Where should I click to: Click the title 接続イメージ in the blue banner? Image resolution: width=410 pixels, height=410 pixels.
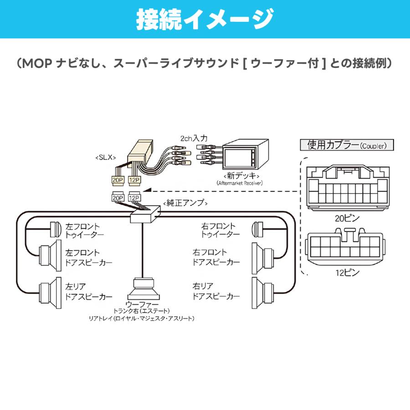tap(205, 20)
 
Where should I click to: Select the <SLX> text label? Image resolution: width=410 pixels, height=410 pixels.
tap(105, 157)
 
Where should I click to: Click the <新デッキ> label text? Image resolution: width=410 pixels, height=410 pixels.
tap(241, 175)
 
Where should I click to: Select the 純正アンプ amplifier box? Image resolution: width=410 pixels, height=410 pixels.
tap(145, 215)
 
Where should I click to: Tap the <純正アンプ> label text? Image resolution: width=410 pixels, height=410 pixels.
tap(185, 203)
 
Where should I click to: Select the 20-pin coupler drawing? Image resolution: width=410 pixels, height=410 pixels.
tap(348, 188)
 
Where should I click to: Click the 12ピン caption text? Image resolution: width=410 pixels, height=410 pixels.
tap(347, 273)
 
